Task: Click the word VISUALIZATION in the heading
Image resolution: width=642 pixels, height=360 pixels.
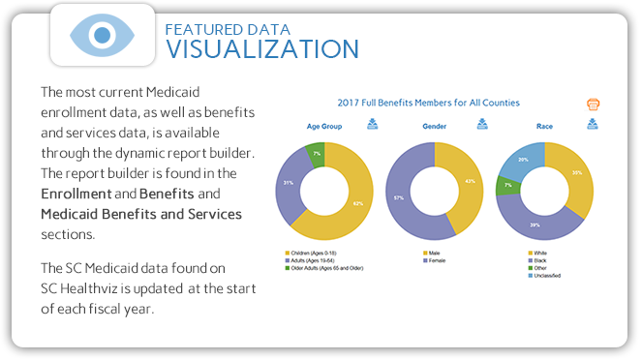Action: [x=262, y=48]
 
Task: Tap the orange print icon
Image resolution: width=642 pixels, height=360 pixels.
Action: [x=594, y=104]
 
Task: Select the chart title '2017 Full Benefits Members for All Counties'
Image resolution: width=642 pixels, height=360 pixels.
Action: [x=428, y=103]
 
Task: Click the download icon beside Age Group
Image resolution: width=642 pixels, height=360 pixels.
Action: [x=373, y=124]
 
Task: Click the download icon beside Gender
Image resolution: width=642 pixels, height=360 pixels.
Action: [x=483, y=124]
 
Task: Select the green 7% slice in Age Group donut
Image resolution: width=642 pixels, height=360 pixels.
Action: [x=315, y=154]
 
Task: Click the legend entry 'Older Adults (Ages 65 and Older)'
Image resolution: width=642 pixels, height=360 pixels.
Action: [x=321, y=268]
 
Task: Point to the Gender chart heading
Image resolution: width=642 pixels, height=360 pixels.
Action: [x=434, y=127]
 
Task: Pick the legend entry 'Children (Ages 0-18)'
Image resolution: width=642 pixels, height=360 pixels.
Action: [x=307, y=253]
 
